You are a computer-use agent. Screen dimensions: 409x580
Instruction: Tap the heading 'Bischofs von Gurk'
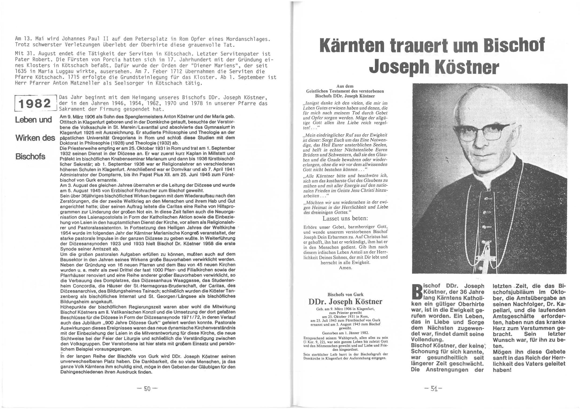pos(345,294)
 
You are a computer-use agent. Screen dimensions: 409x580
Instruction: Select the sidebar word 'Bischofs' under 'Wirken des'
pos(30,157)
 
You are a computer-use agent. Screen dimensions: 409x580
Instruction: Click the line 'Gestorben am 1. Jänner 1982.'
pos(345,333)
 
